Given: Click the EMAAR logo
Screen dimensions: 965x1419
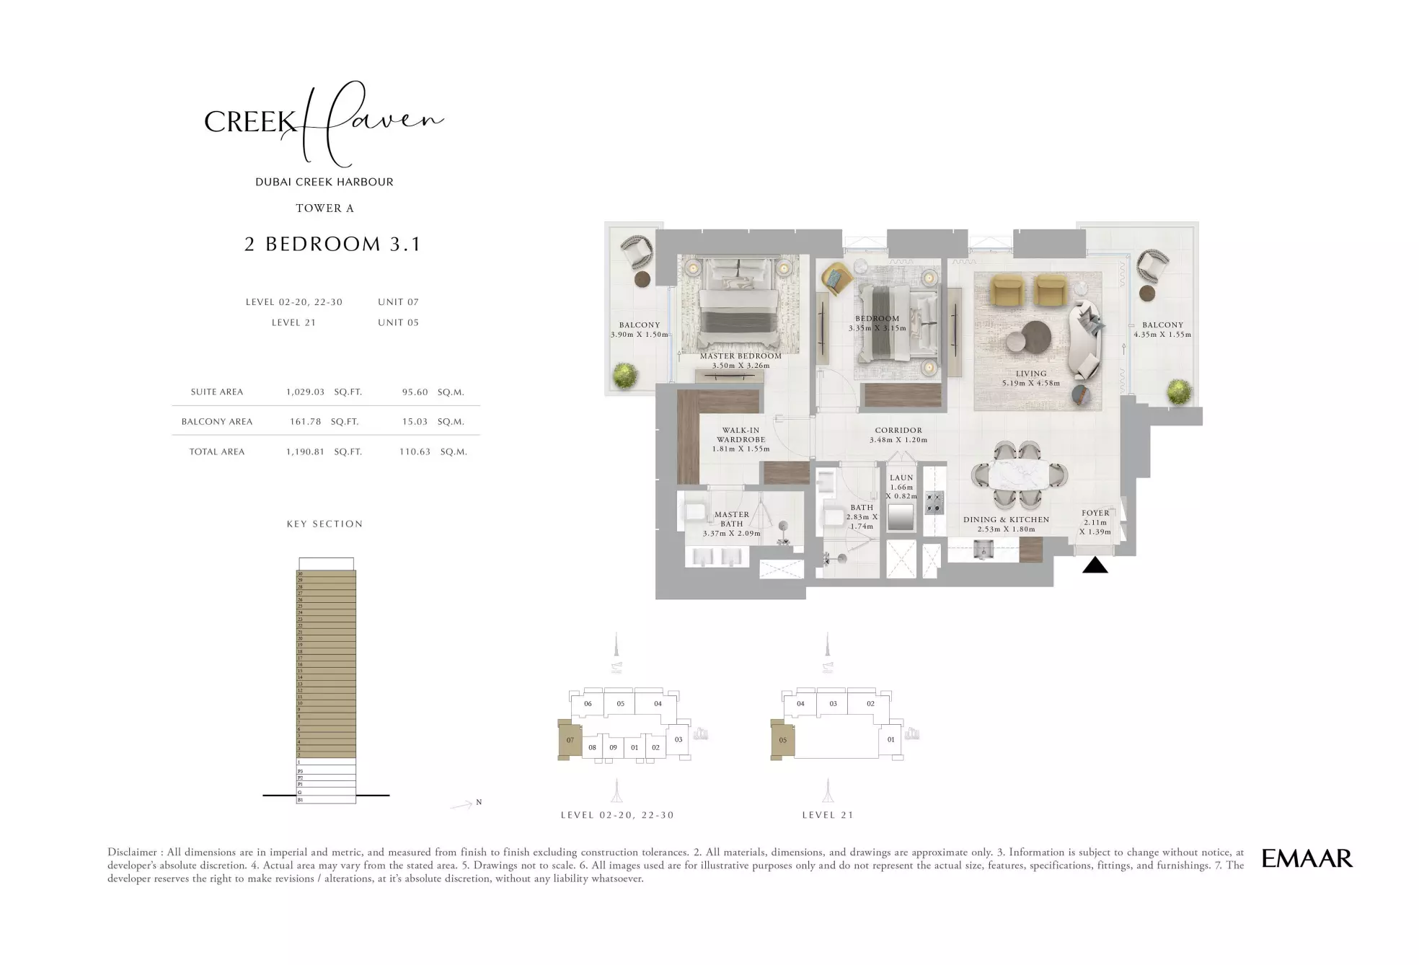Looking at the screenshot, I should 1307,858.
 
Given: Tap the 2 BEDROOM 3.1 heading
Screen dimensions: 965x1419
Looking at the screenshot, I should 332,244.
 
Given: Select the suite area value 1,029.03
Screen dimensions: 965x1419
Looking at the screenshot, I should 305,392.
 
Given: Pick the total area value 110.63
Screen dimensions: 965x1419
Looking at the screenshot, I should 415,452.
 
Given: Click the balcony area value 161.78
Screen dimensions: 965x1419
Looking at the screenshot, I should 305,422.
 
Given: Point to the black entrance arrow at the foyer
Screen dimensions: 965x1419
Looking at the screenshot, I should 1095,565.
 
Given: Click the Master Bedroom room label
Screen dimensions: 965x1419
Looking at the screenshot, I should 741,356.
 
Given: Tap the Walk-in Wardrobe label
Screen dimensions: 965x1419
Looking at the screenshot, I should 741,435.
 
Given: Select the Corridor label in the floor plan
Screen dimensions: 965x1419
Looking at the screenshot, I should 898,431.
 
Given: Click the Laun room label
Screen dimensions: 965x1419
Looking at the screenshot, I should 901,478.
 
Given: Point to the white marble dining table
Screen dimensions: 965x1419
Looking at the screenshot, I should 1019,475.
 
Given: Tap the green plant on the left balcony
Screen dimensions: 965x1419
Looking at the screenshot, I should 624,376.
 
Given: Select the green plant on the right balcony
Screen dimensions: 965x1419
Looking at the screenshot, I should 1179,392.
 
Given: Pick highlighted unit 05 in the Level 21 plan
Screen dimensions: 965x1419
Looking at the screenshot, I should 782,740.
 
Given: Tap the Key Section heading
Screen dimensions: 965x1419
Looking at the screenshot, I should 324,524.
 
